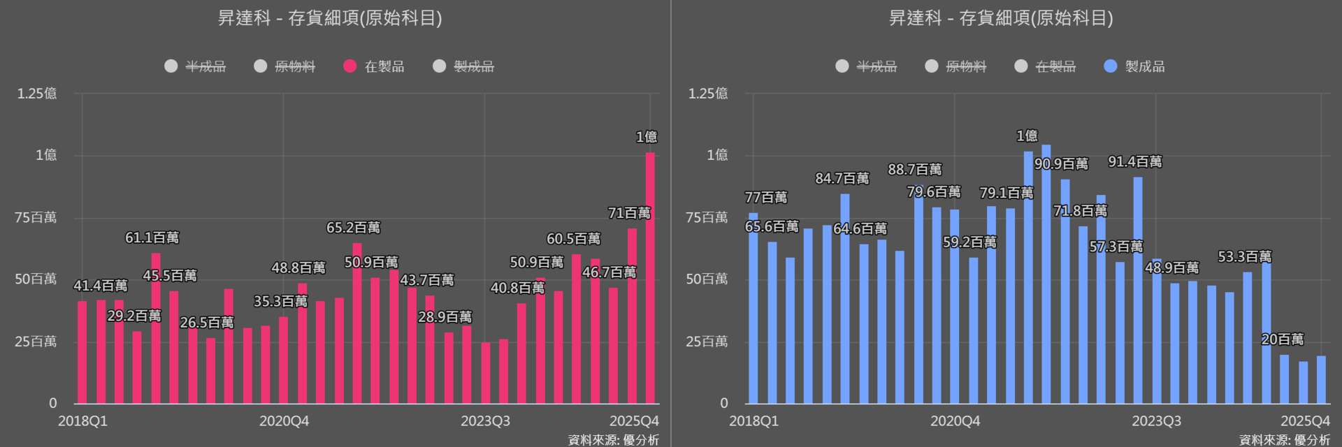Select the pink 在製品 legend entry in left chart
click(375, 66)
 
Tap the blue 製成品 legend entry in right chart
click(1135, 66)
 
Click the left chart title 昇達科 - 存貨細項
click(330, 18)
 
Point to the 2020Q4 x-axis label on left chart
click(284, 421)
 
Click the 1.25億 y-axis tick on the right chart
click(708, 94)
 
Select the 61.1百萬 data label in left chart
click(152, 237)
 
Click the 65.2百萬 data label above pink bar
click(353, 228)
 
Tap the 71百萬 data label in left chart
click(629, 213)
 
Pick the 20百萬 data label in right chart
click(1283, 339)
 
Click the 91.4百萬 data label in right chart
click(1135, 162)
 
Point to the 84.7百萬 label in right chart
click(842, 179)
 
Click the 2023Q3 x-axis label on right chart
click(1156, 421)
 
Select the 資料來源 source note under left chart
click(613, 440)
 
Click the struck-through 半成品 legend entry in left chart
click(196, 66)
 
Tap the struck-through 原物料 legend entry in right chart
click(956, 66)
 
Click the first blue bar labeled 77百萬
click(753, 307)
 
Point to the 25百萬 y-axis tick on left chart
click(36, 342)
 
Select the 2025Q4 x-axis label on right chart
click(1305, 421)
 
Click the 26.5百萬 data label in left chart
click(207, 323)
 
